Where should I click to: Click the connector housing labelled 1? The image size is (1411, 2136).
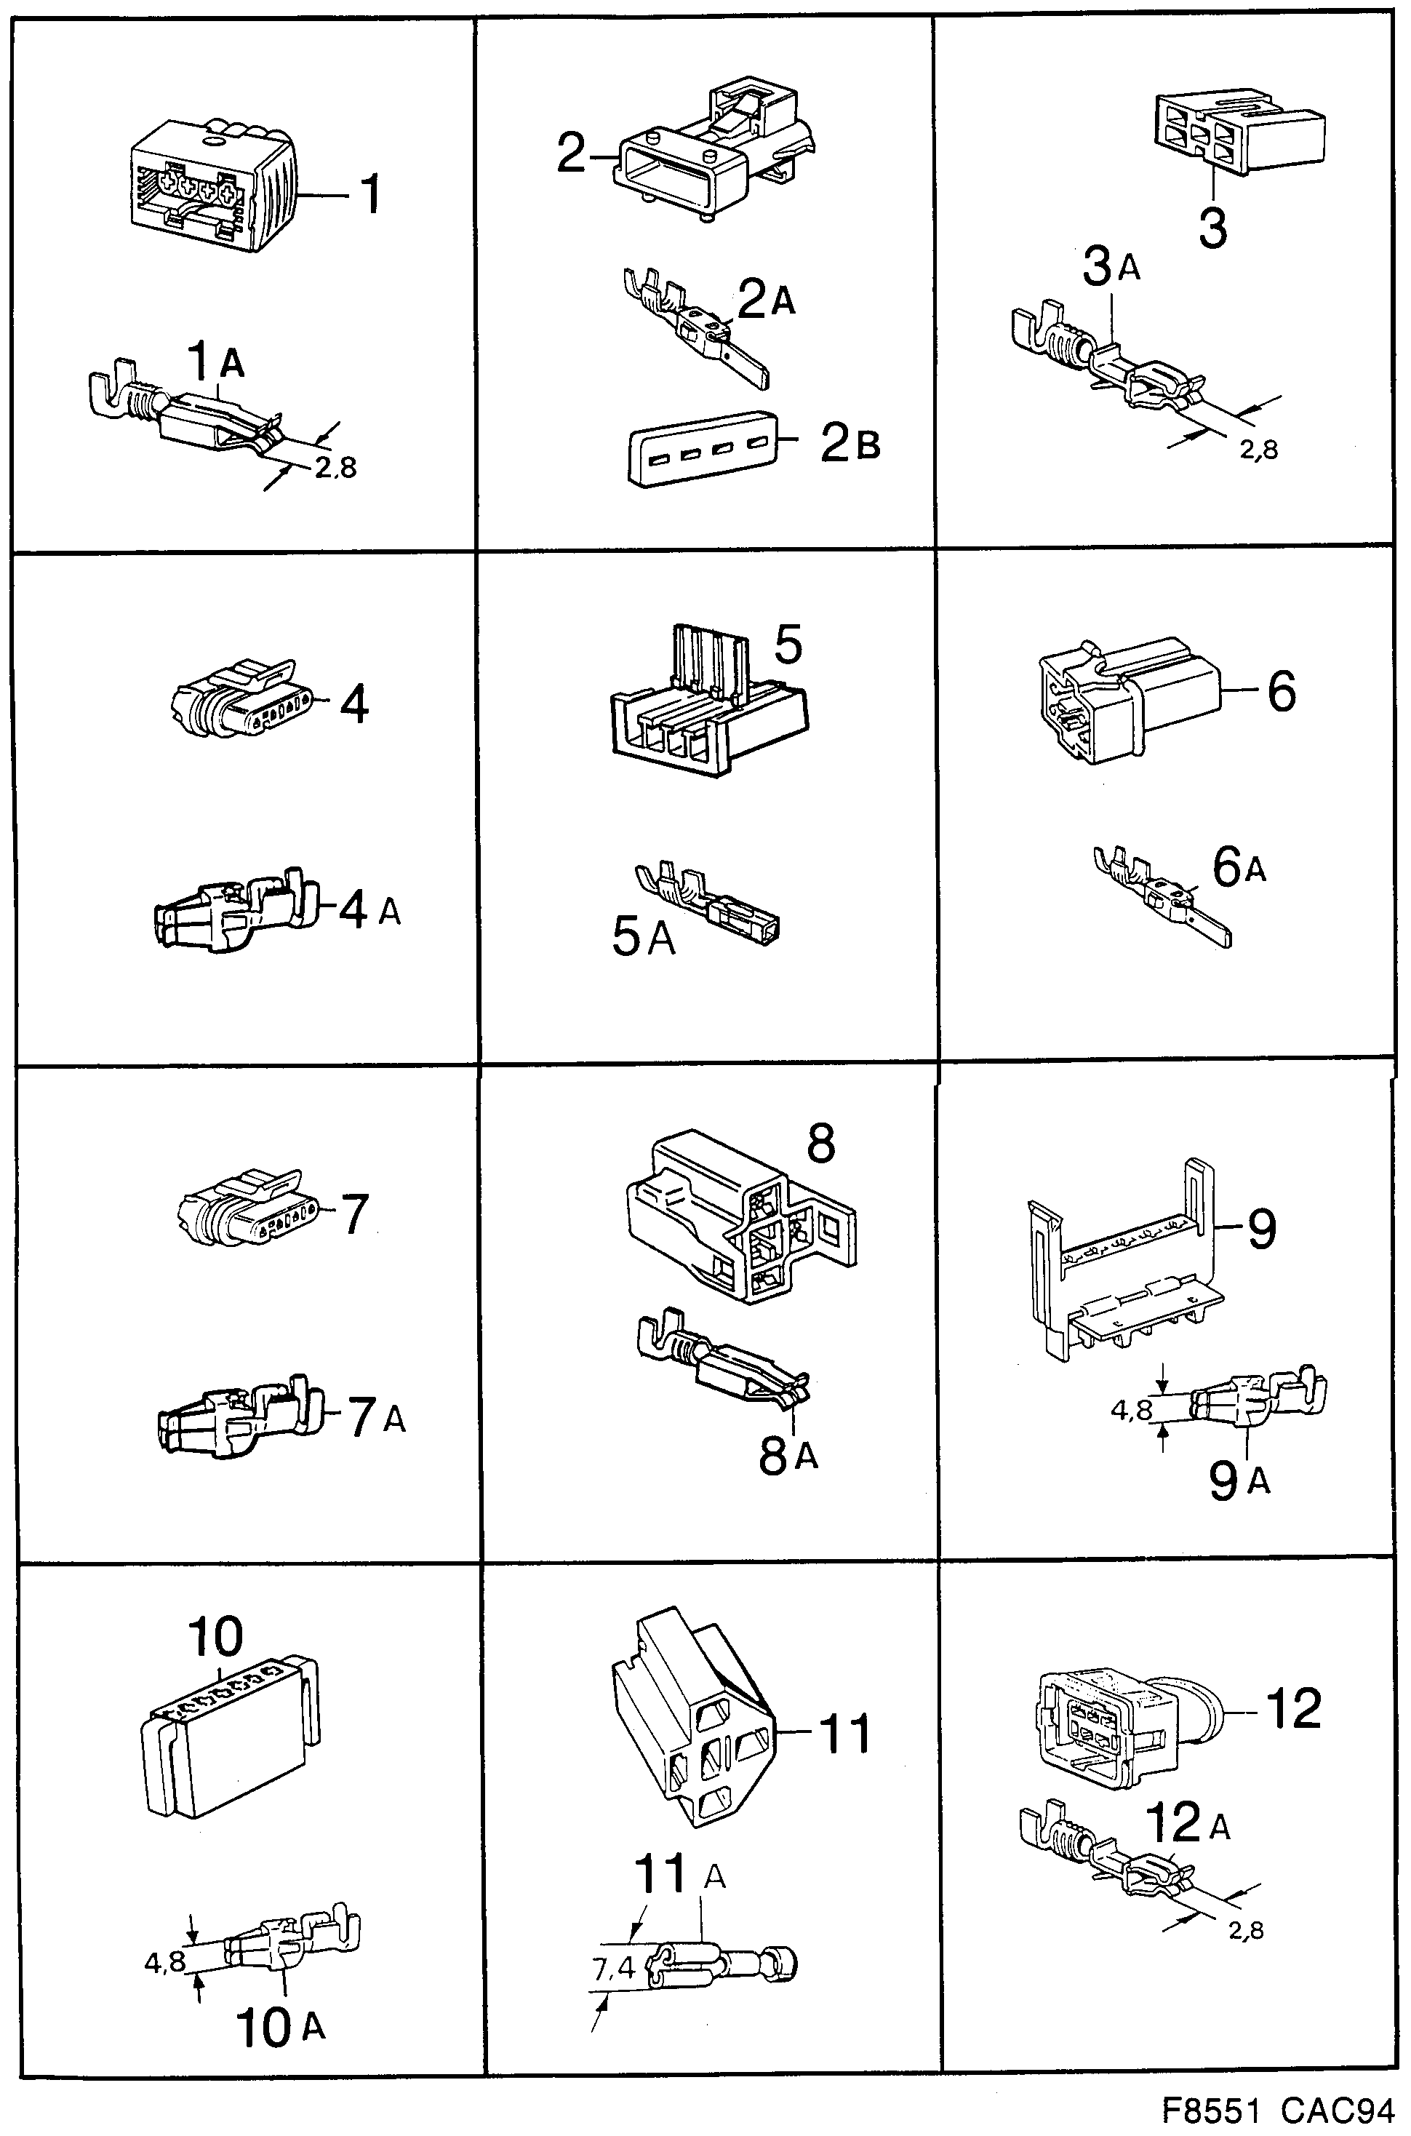click(x=212, y=194)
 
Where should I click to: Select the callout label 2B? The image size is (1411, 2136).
click(x=850, y=443)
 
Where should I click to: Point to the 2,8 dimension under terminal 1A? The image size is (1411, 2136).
click(x=335, y=467)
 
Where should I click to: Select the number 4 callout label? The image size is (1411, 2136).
click(x=354, y=704)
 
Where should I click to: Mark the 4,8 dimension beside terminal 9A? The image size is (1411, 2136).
click(x=1131, y=1410)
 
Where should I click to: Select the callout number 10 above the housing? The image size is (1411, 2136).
click(x=216, y=1638)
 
